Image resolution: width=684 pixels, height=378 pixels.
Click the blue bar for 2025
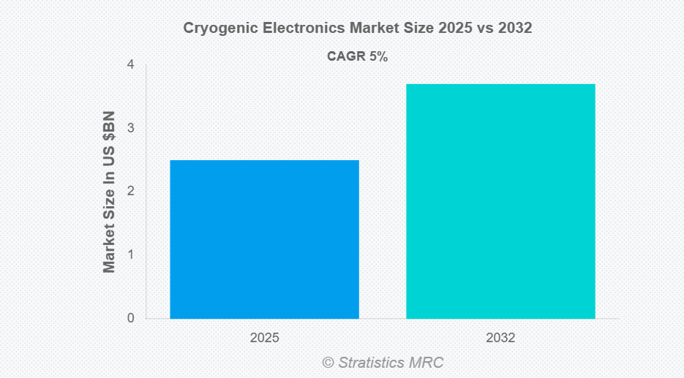[x=264, y=239]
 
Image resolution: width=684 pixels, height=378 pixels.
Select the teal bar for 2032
[x=500, y=201]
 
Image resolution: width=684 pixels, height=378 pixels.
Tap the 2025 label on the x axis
[x=264, y=339]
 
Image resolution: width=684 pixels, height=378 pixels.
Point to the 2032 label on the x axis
[x=500, y=339]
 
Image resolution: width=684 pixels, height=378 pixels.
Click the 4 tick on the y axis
[x=130, y=64]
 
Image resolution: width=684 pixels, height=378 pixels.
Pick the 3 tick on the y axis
[x=130, y=128]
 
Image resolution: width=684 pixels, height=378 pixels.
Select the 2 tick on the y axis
[x=130, y=191]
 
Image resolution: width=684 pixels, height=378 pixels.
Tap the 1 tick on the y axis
[x=130, y=254]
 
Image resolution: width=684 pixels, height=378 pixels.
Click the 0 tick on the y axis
[x=130, y=318]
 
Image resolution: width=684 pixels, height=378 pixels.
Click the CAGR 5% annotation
[x=357, y=57]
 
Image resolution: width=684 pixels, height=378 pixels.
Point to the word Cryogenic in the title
[x=213, y=29]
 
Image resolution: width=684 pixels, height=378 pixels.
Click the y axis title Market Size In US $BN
[x=110, y=192]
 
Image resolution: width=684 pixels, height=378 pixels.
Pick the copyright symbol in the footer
[x=328, y=363]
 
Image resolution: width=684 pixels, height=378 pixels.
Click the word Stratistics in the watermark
[x=373, y=363]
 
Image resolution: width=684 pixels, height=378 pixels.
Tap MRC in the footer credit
[x=427, y=363]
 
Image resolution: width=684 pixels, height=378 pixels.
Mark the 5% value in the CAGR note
[x=377, y=57]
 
